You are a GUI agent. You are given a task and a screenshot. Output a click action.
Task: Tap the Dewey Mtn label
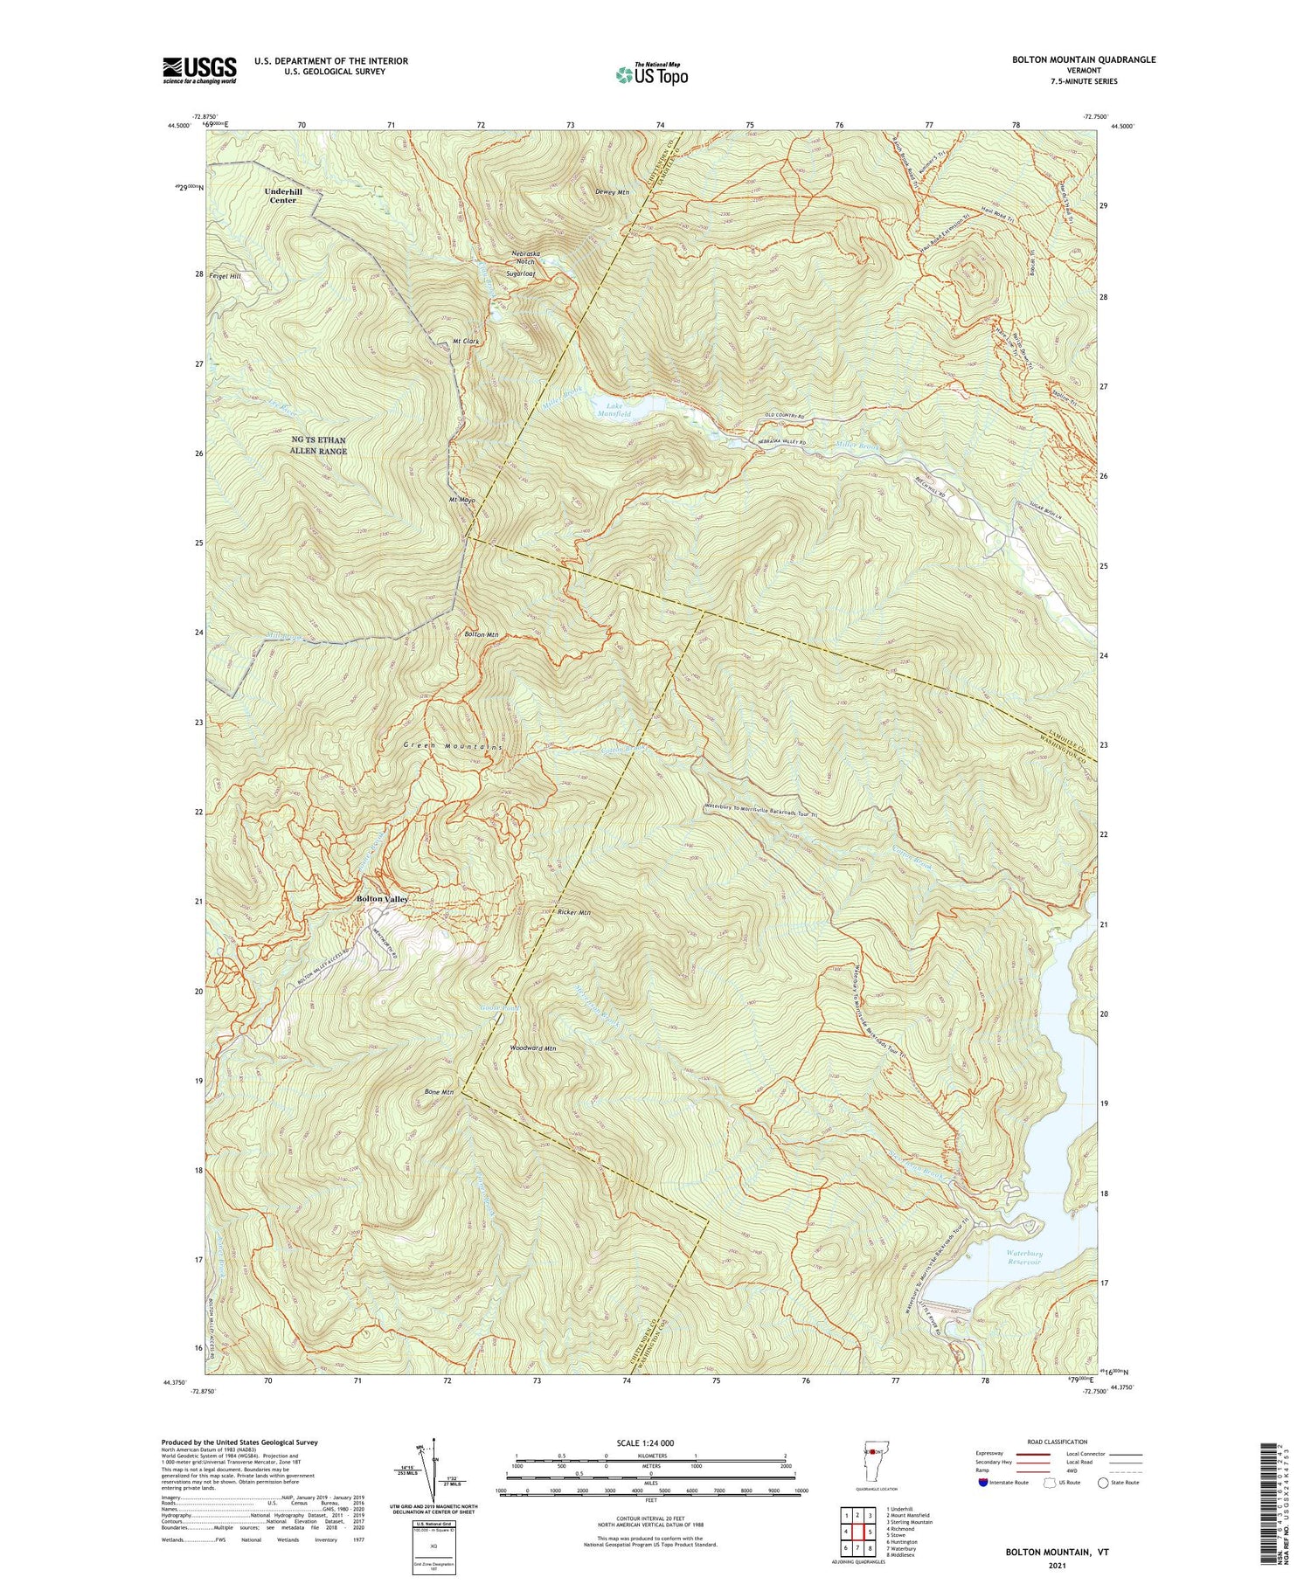click(x=611, y=192)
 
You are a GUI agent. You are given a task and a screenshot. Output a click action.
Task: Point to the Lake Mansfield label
click(x=614, y=409)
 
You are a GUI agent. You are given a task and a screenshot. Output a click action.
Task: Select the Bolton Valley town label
click(x=382, y=899)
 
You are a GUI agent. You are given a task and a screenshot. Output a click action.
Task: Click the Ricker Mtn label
click(x=573, y=912)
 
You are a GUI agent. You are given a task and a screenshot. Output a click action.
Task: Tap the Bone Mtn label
click(x=439, y=1092)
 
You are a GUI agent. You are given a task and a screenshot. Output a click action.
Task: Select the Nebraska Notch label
click(x=525, y=258)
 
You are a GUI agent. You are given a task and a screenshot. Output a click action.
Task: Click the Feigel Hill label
click(x=225, y=275)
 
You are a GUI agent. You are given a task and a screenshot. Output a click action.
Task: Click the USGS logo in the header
click(x=199, y=70)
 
